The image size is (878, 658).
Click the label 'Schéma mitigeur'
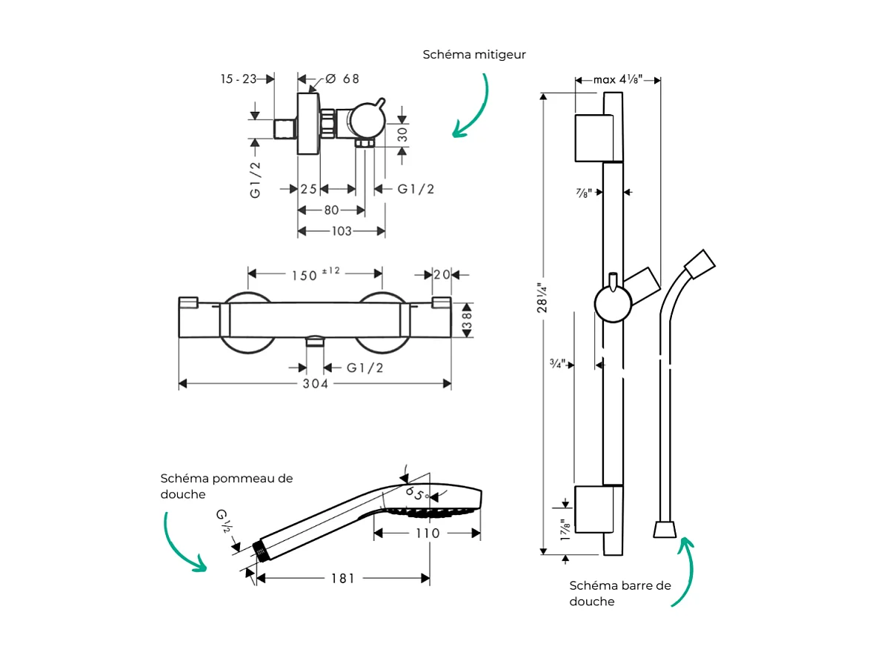[474, 55]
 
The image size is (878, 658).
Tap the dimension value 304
[315, 383]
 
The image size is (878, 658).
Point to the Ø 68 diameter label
[342, 79]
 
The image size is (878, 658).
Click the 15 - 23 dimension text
[238, 79]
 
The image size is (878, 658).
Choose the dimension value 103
[341, 231]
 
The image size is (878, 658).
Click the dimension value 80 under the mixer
[330, 210]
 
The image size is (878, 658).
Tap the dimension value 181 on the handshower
[342, 578]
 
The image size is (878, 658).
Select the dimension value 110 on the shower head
[427, 533]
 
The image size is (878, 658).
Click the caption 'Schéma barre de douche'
[620, 593]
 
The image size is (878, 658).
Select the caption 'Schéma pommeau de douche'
[227, 486]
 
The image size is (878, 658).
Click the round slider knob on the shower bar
[613, 305]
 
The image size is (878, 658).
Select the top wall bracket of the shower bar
[593, 138]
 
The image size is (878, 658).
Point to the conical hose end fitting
[663, 528]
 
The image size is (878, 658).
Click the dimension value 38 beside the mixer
[467, 320]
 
